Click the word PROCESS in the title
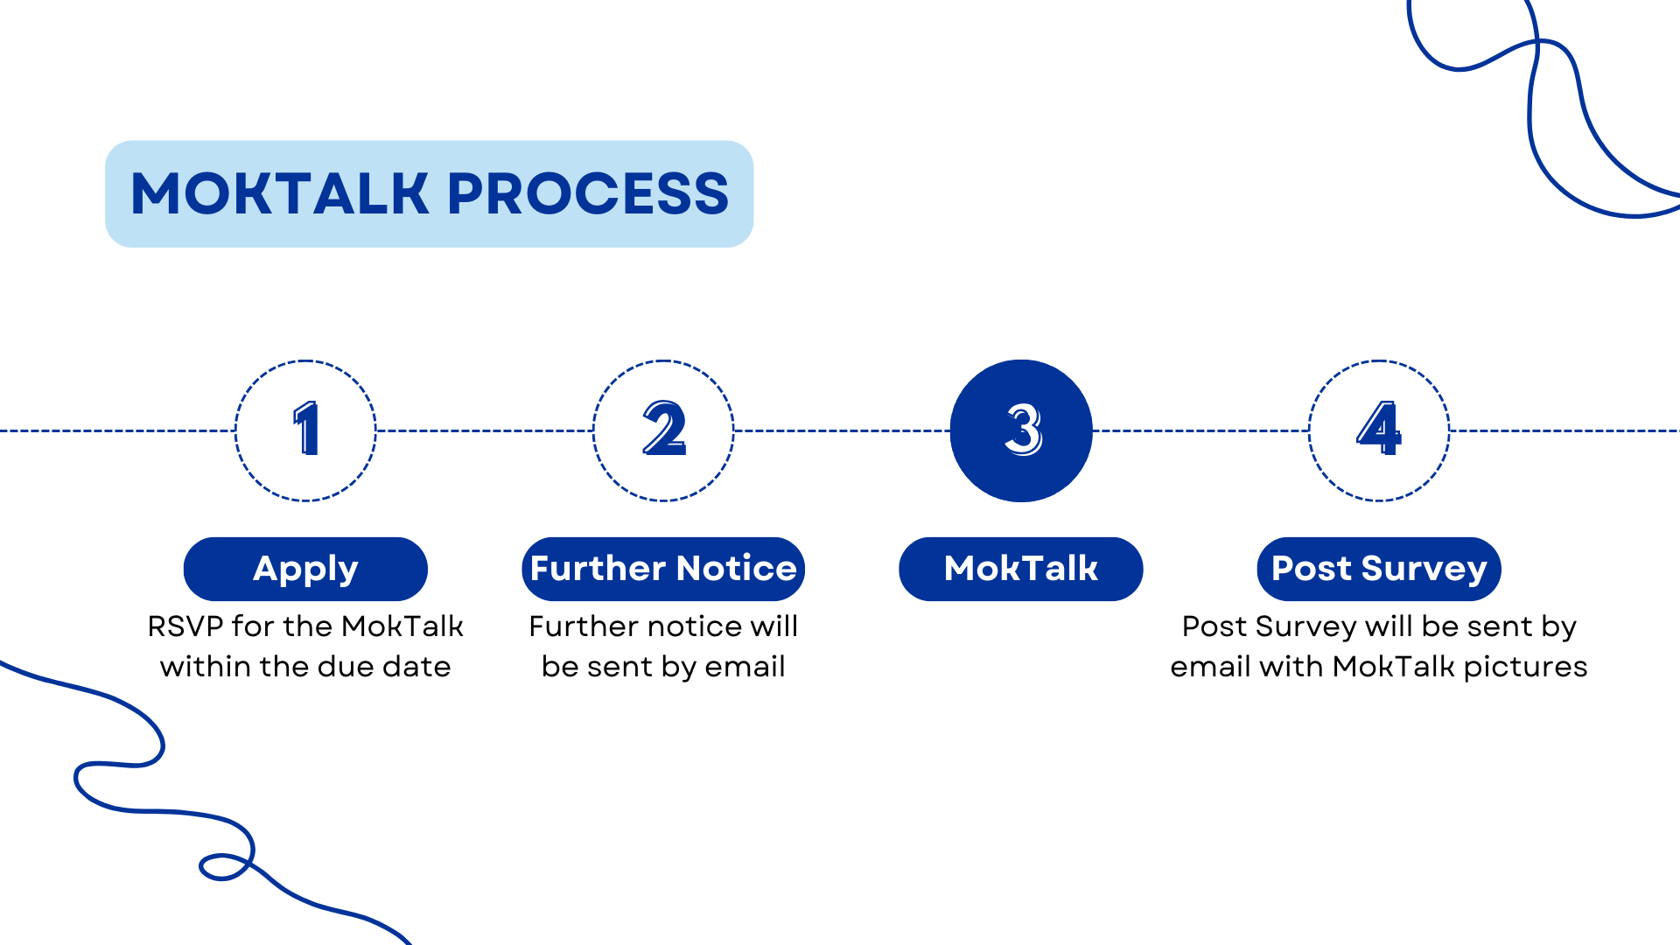click(x=588, y=193)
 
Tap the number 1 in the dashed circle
click(x=306, y=430)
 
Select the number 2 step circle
click(x=663, y=430)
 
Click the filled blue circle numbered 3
click(x=1021, y=430)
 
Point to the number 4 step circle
click(x=1379, y=430)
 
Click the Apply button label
click(x=305, y=569)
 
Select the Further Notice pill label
click(x=663, y=569)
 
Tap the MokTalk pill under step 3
click(x=1021, y=569)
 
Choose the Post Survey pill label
click(x=1379, y=569)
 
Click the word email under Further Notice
click(x=745, y=667)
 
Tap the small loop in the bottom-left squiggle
click(x=223, y=867)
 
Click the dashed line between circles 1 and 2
click(x=485, y=430)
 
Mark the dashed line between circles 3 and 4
click(x=1200, y=430)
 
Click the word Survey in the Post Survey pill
click(x=1424, y=569)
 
